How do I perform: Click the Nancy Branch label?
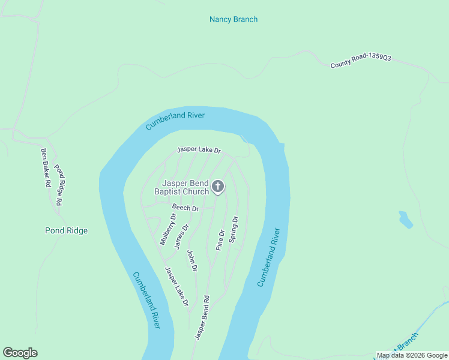pos(233,19)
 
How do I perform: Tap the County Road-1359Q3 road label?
pos(361,61)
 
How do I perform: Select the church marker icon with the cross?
pos(218,187)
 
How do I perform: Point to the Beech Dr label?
pos(185,208)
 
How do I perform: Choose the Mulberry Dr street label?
pos(167,229)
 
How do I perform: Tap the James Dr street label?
pos(181,236)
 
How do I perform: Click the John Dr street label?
pos(192,260)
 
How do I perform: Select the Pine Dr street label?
pos(220,240)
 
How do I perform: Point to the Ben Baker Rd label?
pos(44,168)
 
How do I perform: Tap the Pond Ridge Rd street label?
pos(59,185)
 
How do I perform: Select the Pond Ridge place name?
pos(66,230)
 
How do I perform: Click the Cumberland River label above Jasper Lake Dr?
pos(175,121)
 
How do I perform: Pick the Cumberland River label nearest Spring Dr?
pos(268,257)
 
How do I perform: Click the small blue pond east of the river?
pos(406,219)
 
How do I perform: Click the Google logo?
pos(20,353)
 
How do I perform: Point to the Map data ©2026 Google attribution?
pos(411,355)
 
